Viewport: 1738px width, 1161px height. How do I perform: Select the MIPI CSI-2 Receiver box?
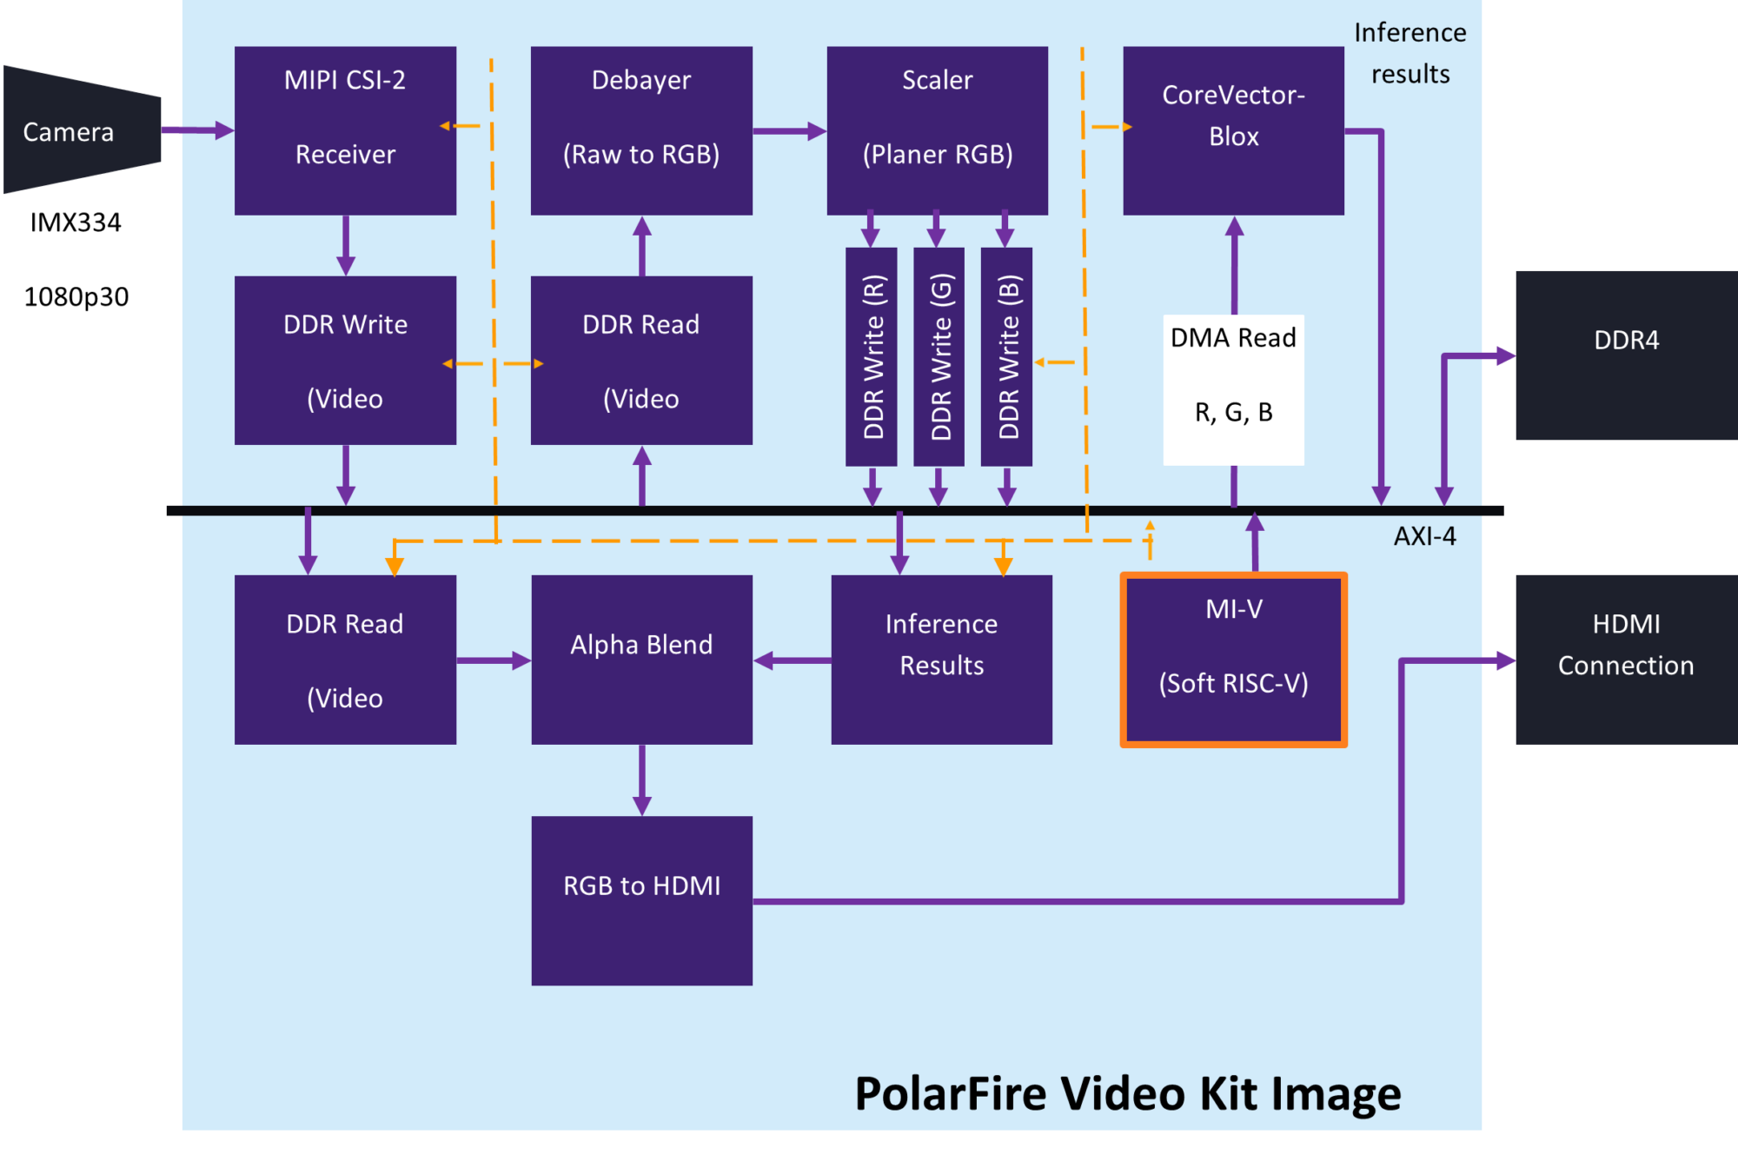tap(345, 130)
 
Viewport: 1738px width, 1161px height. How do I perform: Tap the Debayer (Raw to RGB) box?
tap(641, 130)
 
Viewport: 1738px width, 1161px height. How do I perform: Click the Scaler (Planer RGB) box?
tap(937, 130)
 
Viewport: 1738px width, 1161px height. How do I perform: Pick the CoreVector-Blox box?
tap(1233, 130)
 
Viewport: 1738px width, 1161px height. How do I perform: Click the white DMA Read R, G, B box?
tap(1233, 389)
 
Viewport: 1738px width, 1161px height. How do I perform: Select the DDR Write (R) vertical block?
tap(872, 356)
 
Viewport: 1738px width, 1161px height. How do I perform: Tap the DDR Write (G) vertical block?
tap(939, 356)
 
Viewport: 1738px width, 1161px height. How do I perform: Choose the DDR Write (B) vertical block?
tap(1006, 356)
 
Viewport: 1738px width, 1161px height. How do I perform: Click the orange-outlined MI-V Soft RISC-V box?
tap(1233, 660)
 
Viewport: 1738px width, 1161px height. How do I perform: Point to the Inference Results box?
tap(941, 660)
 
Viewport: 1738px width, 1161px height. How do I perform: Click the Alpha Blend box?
tap(641, 660)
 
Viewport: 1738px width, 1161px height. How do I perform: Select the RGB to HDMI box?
tap(641, 900)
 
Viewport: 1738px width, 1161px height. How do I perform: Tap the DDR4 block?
tap(1626, 355)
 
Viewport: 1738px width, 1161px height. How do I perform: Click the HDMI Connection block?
tap(1626, 660)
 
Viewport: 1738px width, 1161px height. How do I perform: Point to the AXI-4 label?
tap(1424, 536)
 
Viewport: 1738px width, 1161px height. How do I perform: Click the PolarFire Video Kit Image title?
tap(1127, 1093)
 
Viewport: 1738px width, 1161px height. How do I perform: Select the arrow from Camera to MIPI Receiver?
tap(197, 130)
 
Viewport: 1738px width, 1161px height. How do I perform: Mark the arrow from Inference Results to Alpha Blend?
tap(792, 661)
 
